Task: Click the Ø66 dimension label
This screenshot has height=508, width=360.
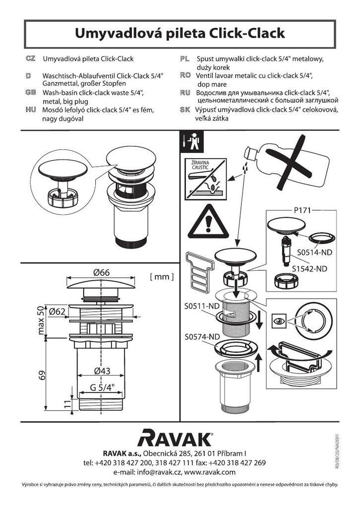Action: tap(101, 272)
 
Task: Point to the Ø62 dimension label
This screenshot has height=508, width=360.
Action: tap(57, 312)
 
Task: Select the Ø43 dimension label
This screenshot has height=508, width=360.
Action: tap(102, 371)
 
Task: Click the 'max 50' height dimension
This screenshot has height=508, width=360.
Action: tap(41, 320)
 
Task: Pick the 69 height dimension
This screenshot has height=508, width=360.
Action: tap(42, 376)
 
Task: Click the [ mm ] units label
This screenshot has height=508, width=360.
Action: tap(162, 276)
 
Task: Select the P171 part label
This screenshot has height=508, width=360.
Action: tap(302, 210)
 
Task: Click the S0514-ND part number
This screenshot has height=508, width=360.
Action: tap(315, 252)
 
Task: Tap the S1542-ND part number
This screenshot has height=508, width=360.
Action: tap(309, 268)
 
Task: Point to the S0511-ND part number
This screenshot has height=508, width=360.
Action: tap(202, 306)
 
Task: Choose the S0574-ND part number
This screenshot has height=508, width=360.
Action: tap(202, 337)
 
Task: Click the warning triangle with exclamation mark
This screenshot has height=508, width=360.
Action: tap(208, 222)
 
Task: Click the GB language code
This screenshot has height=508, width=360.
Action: tap(30, 92)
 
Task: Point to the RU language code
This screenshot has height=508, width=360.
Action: tap(185, 93)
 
